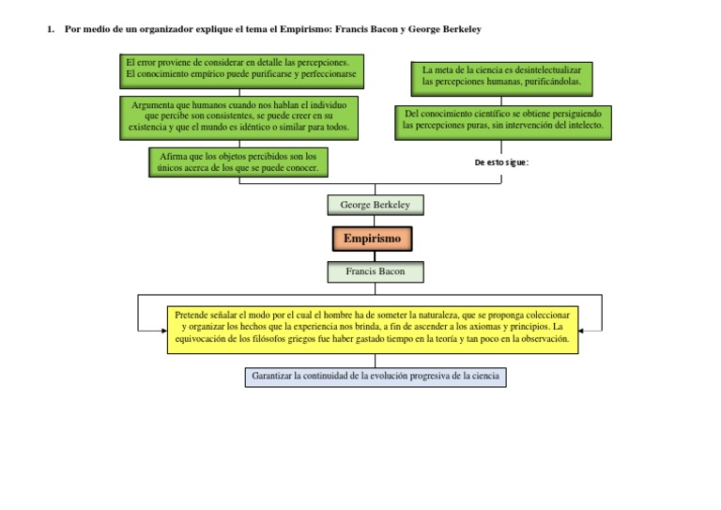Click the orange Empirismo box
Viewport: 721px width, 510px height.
pyautogui.click(x=372, y=239)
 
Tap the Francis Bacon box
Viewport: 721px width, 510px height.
pyautogui.click(x=375, y=271)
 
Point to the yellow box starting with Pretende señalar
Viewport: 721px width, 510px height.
pyautogui.click(x=373, y=329)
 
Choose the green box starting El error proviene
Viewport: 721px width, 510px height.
pyautogui.click(x=241, y=68)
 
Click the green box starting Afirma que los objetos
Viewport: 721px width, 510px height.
pyautogui.click(x=238, y=162)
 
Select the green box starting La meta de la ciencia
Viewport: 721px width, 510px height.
pyautogui.click(x=502, y=76)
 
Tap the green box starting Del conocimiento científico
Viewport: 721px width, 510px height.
pyautogui.click(x=503, y=123)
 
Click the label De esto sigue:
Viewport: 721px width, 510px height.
pyautogui.click(x=502, y=162)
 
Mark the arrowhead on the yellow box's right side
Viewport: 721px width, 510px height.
pyautogui.click(x=583, y=329)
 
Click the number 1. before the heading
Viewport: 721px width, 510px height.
pyautogui.click(x=50, y=30)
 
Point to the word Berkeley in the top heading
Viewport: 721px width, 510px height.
pyautogui.click(x=458, y=30)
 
